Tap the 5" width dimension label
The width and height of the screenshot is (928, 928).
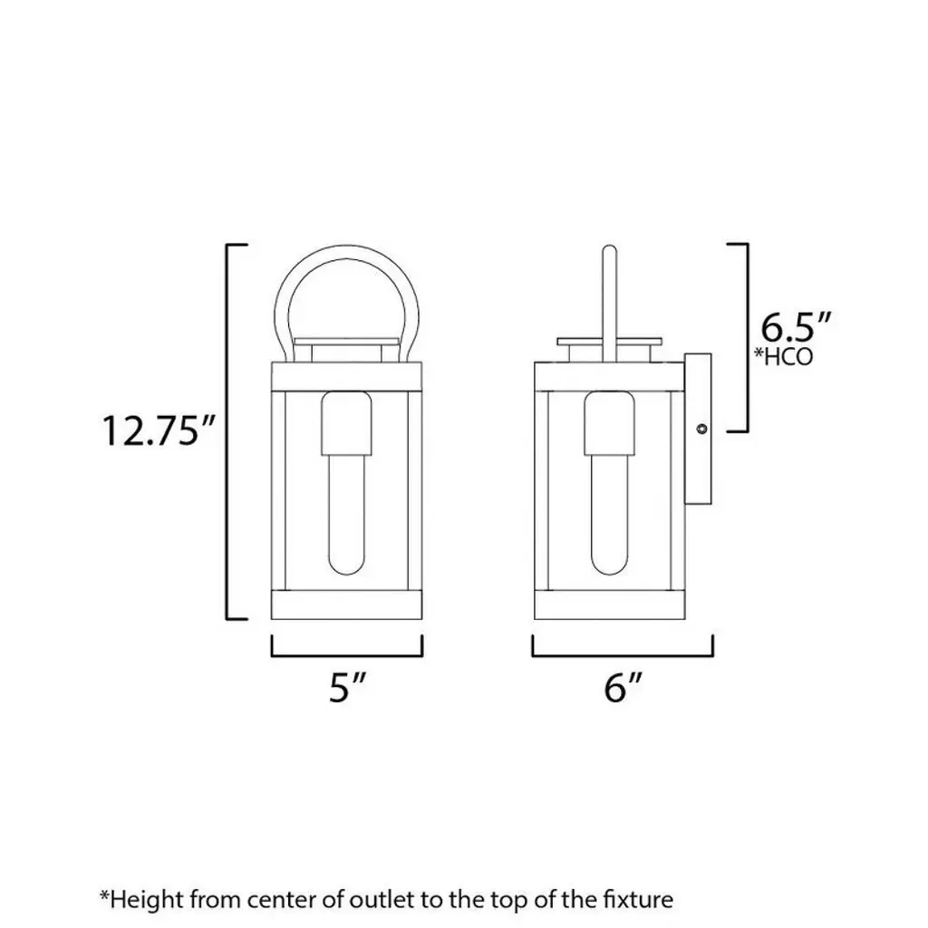[x=347, y=687]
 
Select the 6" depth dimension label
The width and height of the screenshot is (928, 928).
[x=623, y=687]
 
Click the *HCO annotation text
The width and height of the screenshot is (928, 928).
[x=783, y=356]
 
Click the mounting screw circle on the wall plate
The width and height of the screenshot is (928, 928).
[x=702, y=429]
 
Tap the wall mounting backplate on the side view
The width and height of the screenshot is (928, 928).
[x=698, y=429]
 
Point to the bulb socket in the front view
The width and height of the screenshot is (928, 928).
[x=347, y=424]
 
